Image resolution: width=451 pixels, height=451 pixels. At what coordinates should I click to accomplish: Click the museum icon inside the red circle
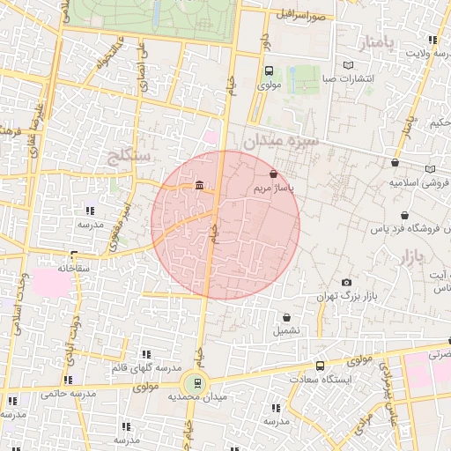[x=199, y=185]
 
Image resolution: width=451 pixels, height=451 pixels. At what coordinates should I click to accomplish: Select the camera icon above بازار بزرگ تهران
[x=346, y=282]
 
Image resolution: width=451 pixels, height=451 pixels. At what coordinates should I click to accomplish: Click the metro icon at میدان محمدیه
[x=196, y=383]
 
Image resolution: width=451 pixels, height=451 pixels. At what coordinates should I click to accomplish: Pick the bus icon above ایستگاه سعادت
[x=320, y=365]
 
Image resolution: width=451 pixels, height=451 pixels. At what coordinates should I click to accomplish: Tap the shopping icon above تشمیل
[x=286, y=317]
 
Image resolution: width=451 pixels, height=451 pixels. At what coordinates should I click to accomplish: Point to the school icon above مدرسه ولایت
[x=432, y=40]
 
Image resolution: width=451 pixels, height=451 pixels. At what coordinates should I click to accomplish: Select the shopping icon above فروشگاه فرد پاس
[x=404, y=215]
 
